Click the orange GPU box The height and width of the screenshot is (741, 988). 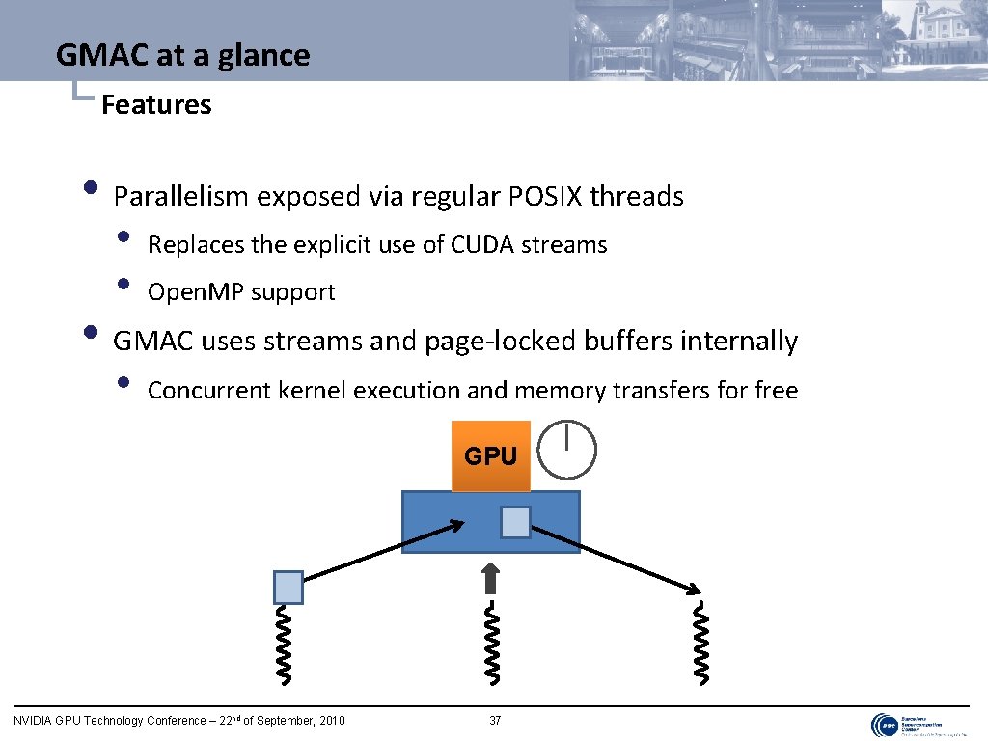click(x=491, y=455)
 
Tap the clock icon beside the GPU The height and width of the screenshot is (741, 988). click(x=566, y=450)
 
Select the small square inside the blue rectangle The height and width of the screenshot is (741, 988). click(x=515, y=522)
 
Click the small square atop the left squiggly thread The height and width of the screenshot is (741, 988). click(x=288, y=587)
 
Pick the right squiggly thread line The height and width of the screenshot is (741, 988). click(x=701, y=643)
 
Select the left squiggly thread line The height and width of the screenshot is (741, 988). click(x=287, y=645)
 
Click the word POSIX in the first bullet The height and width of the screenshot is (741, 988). click(x=545, y=197)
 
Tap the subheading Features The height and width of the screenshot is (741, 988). click(x=156, y=104)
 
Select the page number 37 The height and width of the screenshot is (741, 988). click(x=495, y=721)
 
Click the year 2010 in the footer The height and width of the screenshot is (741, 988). click(x=330, y=721)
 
